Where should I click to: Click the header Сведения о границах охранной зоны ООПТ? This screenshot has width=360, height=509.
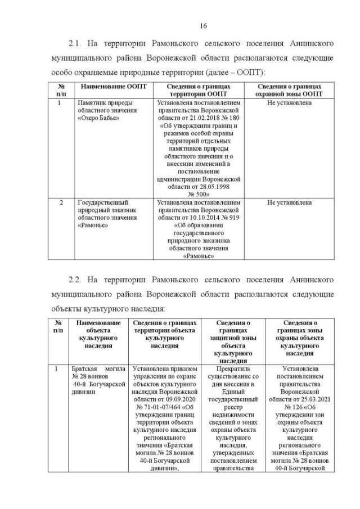(x=289, y=90)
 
